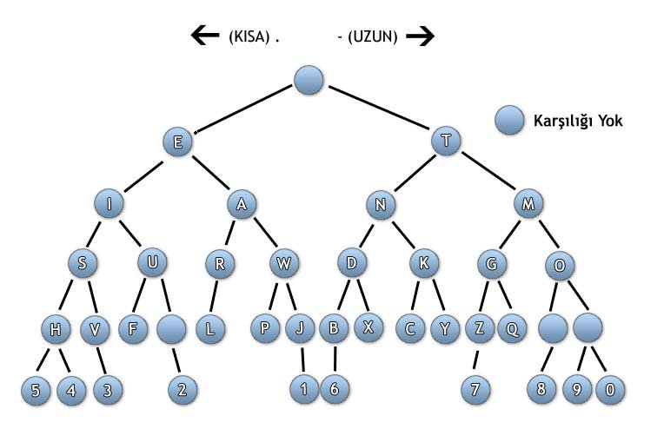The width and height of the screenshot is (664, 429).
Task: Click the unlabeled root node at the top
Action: click(x=309, y=81)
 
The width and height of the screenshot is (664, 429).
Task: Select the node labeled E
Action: click(x=177, y=142)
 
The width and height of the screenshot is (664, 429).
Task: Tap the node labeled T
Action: click(x=446, y=142)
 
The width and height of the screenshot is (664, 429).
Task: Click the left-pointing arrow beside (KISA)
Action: click(x=205, y=36)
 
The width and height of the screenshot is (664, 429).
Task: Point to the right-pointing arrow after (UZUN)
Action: click(x=420, y=36)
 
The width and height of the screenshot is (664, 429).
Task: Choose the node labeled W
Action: click(x=284, y=264)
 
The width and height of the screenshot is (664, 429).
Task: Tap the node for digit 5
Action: click(x=36, y=390)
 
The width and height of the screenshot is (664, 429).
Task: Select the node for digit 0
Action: click(x=610, y=390)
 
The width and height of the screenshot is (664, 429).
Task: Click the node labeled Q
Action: click(x=513, y=329)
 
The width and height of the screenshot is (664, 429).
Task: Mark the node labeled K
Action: click(x=424, y=264)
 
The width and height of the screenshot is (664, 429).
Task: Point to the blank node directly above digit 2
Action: click(x=172, y=329)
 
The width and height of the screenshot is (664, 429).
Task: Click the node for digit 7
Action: click(x=475, y=390)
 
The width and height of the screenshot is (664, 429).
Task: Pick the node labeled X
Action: click(x=368, y=329)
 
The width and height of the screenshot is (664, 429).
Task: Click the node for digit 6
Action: click(x=334, y=390)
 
